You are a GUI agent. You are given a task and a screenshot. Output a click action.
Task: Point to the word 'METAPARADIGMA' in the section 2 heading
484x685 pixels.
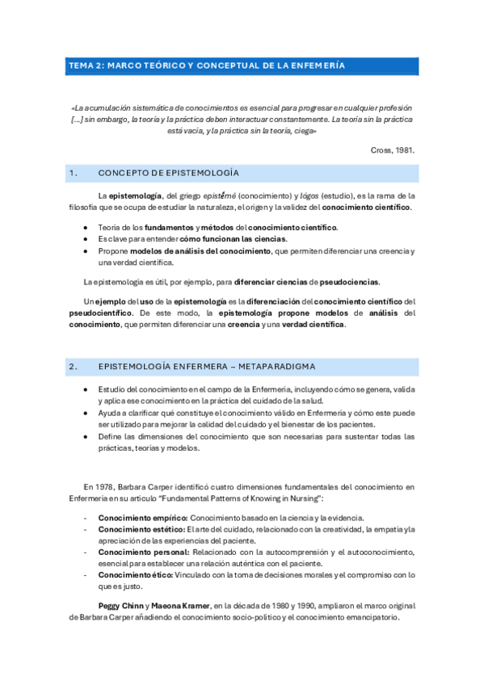coord(276,367)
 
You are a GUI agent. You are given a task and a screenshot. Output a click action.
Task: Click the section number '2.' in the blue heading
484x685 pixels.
coord(74,367)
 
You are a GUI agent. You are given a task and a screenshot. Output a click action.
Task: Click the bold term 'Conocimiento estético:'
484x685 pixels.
coord(141,529)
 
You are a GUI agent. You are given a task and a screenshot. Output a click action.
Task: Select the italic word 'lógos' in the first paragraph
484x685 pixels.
coord(308,195)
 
